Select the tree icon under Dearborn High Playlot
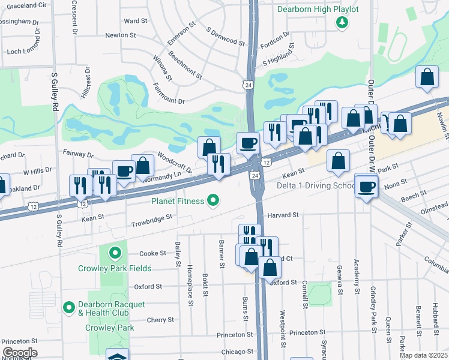coord(342,23)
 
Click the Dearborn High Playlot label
coord(318,10)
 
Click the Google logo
coord(19,353)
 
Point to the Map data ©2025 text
coord(423,355)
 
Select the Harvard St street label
coord(283,215)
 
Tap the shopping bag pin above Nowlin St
coord(427,77)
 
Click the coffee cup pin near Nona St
coord(366,187)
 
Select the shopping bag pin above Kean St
coord(339,161)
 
